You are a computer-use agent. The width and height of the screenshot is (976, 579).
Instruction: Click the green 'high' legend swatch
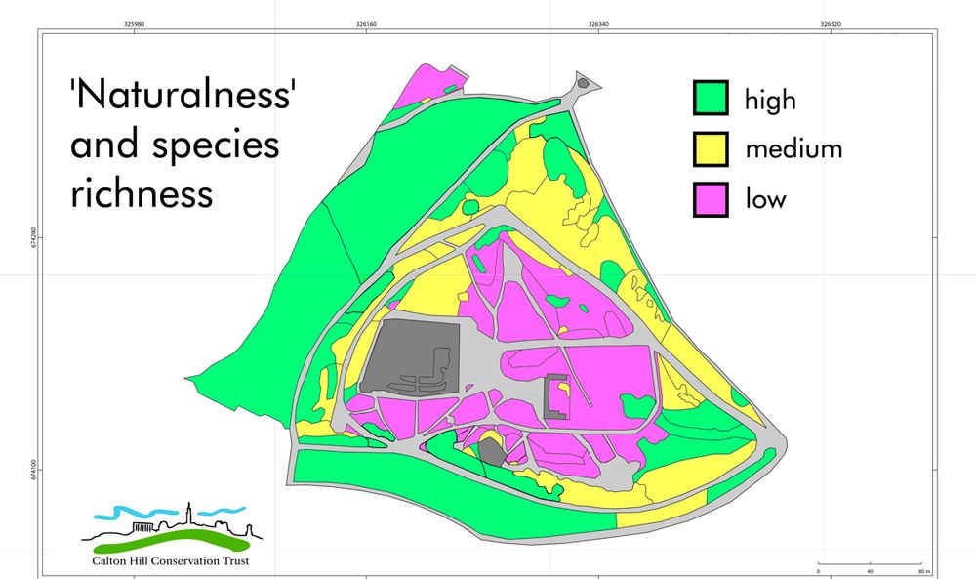click(x=711, y=99)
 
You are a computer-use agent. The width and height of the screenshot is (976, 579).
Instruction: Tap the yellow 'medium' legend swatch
click(x=711, y=148)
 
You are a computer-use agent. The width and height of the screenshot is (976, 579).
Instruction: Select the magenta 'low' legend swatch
click(x=711, y=199)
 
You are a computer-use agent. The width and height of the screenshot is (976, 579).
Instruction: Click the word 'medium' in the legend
click(x=793, y=149)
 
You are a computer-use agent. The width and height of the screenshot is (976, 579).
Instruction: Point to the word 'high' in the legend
click(x=770, y=100)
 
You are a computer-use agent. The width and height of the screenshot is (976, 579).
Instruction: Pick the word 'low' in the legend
click(x=766, y=200)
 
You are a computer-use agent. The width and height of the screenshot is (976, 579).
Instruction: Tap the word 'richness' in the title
click(x=142, y=192)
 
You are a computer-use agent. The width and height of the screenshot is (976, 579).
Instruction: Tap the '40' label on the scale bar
click(x=871, y=571)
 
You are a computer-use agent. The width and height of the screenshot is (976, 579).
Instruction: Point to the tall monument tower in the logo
click(x=187, y=516)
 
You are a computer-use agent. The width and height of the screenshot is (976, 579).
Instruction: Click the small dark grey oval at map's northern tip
click(x=583, y=84)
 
